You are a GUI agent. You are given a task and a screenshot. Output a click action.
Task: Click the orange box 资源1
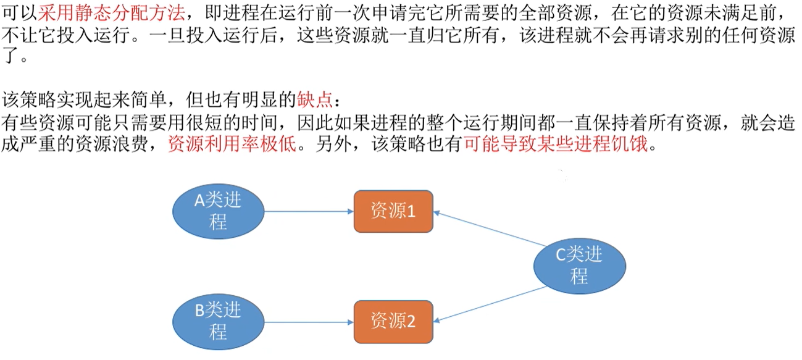pyautogui.click(x=393, y=211)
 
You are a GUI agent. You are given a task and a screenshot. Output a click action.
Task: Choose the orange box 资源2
pyautogui.click(x=393, y=321)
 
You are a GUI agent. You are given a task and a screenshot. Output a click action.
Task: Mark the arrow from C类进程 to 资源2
pyautogui.click(x=491, y=304)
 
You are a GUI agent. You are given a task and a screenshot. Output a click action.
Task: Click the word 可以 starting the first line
pyautogui.click(x=19, y=12)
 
